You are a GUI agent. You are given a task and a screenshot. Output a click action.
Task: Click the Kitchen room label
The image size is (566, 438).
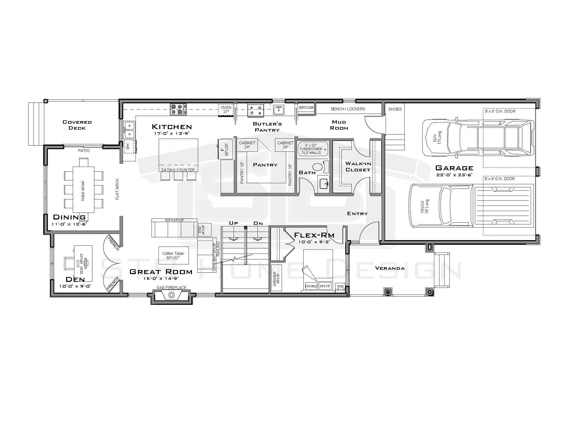[x=172, y=127]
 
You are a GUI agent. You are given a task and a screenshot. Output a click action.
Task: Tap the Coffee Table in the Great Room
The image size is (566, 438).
[x=173, y=255]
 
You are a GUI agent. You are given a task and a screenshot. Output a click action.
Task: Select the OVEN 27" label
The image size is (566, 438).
[x=226, y=109]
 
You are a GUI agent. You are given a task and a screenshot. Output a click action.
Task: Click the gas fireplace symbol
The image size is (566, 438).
[x=171, y=295]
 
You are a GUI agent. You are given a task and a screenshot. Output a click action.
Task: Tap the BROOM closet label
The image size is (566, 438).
[x=306, y=108]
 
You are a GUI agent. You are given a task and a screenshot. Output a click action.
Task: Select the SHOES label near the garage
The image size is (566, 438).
[x=395, y=109]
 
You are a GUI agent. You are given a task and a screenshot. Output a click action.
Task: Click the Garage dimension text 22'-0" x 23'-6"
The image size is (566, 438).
[x=454, y=175]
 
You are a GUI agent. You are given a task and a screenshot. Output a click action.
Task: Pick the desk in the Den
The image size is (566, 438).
[x=83, y=263]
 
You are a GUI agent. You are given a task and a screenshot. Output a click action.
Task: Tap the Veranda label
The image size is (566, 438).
[x=390, y=268]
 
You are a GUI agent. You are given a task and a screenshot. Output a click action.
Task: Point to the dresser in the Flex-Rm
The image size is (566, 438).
[x=276, y=277]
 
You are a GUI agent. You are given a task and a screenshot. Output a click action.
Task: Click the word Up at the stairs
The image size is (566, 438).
[x=233, y=223]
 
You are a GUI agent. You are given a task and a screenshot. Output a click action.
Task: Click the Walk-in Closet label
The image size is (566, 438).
[x=358, y=167]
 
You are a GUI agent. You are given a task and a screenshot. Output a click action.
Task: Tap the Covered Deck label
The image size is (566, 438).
[x=77, y=125]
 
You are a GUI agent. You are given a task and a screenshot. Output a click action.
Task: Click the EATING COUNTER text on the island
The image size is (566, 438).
[x=178, y=170]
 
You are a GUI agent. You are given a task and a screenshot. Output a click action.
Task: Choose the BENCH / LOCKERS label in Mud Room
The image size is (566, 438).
[x=348, y=109]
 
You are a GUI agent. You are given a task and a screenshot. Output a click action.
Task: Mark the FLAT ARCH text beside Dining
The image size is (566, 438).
[x=117, y=189]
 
